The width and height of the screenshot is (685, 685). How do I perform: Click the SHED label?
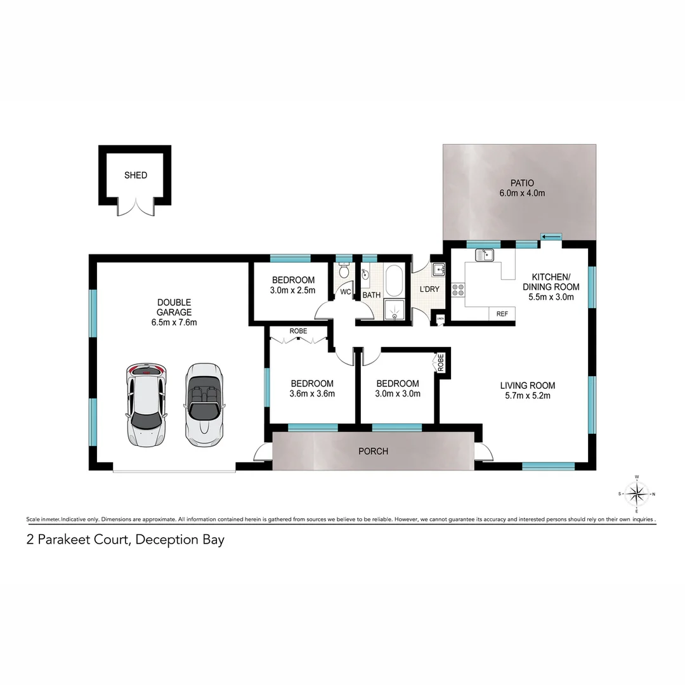(135, 175)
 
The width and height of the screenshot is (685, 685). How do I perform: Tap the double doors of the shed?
(135, 207)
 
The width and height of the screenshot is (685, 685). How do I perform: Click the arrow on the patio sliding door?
(551, 237)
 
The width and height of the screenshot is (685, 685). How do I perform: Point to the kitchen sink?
(485, 255)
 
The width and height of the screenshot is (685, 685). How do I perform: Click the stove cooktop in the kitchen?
(458, 290)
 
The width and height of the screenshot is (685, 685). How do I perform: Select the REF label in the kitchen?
(502, 314)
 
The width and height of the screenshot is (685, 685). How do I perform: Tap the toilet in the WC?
(344, 271)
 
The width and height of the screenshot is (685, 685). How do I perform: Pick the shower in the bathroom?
(394, 309)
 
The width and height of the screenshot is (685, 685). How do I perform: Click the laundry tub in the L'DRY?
(439, 270)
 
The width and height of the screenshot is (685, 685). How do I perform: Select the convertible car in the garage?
(204, 403)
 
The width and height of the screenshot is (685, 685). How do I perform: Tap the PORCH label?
(373, 452)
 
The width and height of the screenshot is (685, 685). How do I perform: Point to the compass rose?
(637, 493)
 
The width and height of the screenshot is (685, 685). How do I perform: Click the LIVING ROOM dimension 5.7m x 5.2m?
(527, 396)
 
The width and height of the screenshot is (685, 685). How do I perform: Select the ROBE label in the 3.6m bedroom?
(298, 331)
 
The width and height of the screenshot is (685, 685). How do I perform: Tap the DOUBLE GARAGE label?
(174, 307)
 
